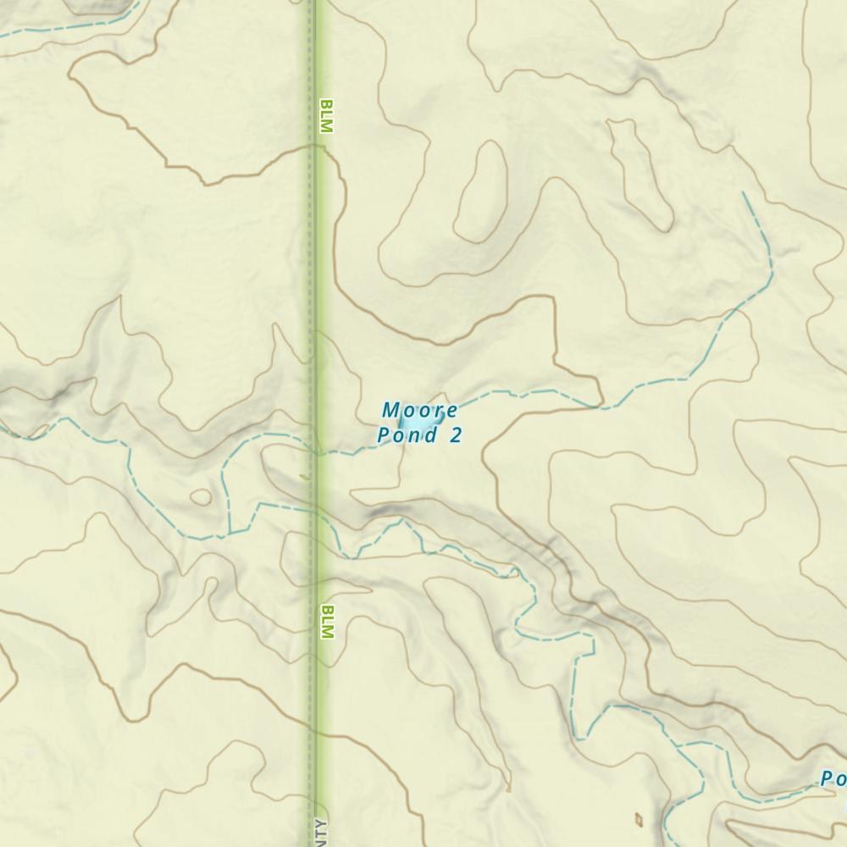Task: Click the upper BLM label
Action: tap(326, 117)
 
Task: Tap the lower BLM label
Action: tap(328, 621)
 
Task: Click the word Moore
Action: tap(420, 411)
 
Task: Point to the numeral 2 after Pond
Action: tap(457, 435)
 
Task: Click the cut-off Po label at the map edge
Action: tap(832, 779)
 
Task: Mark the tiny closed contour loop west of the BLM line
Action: tap(202, 497)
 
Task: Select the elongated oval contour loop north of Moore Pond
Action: tap(480, 191)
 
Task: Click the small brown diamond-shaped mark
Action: tap(639, 819)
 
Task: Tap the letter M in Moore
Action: tap(390, 411)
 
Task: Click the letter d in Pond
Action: tap(434, 435)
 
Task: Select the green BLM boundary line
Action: tap(316, 254)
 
